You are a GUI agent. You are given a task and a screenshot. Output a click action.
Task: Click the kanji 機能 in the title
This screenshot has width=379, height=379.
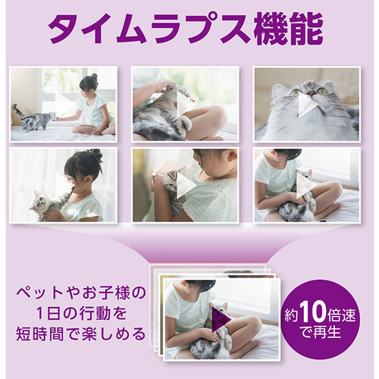click(x=289, y=29)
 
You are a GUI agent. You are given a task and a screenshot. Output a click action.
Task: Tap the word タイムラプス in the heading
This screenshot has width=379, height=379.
click(x=149, y=29)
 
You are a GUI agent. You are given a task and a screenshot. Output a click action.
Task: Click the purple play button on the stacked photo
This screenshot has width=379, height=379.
click(x=221, y=320)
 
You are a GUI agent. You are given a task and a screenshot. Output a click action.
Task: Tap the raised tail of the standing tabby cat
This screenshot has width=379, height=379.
click(x=17, y=111)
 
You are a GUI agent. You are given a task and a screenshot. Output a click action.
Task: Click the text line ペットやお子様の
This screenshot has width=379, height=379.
click(x=81, y=293)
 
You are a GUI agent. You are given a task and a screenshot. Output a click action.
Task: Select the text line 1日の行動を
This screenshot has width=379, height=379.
click(x=81, y=314)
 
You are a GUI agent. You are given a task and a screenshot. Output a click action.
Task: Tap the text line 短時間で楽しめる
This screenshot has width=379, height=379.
click(x=81, y=334)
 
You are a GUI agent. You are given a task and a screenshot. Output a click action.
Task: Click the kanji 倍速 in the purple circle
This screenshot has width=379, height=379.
click(x=341, y=316)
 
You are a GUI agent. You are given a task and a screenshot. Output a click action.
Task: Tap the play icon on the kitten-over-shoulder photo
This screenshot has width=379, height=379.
click(x=186, y=185)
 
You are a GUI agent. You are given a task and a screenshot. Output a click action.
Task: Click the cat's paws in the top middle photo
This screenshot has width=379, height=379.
click(x=184, y=124)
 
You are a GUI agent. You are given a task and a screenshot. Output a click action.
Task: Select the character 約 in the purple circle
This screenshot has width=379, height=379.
click(x=292, y=316)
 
